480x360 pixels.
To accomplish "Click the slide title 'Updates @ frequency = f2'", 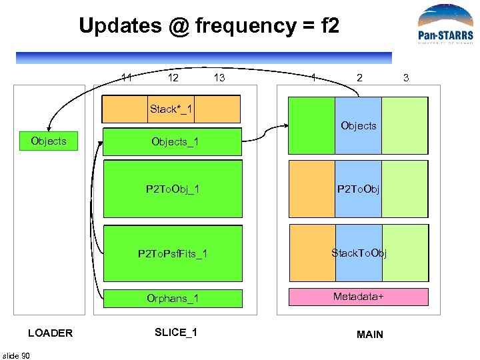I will click(209, 26).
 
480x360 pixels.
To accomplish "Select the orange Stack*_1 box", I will click(171, 109).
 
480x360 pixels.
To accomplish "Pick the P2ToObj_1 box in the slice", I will click(173, 189).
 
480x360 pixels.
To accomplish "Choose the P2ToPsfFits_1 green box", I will click(173, 253).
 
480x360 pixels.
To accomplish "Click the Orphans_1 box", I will click(173, 298).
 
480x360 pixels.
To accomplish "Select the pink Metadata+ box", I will click(358, 297).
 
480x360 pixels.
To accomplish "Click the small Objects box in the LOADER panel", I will click(49, 141).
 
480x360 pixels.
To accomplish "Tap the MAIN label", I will click(370, 334).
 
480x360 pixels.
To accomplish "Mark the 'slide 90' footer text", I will click(16, 355).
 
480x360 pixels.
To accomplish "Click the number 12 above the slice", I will click(173, 78).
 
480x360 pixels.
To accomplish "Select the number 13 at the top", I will click(219, 78).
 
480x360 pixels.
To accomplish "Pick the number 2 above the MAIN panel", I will click(360, 78).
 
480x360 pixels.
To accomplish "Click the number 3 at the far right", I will click(406, 78).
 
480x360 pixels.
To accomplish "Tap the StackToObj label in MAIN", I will click(359, 253).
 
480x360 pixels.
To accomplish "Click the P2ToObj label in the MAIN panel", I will click(358, 189).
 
